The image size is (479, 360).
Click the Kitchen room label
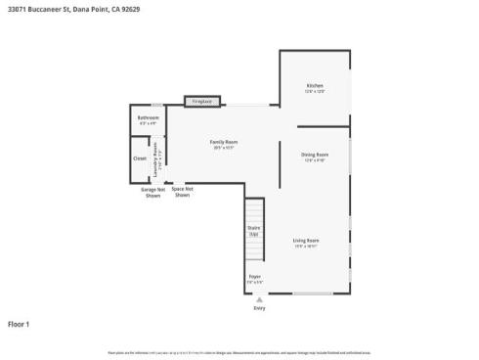coord(314,85)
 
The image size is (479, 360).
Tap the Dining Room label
coord(314,155)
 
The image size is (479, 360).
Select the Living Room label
coord(306,240)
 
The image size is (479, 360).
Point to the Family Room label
coord(224,142)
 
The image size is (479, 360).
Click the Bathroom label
coord(148,117)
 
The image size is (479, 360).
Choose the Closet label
coord(140,157)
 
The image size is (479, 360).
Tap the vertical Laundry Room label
coord(155,156)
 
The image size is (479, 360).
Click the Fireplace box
coord(202,100)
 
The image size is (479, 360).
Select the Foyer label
coord(254,277)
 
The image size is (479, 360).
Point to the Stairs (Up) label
coord(253,232)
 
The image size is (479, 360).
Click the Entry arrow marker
coord(259,299)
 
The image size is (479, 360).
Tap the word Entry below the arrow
coord(259,308)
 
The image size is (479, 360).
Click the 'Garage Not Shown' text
coord(152,193)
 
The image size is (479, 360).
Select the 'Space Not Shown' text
coord(182,192)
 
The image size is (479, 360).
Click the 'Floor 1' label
coord(20,324)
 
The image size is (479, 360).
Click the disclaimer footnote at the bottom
coord(239,351)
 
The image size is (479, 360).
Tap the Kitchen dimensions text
coord(314,91)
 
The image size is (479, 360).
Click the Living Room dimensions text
coord(306,246)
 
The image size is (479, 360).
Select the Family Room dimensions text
coord(224,148)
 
